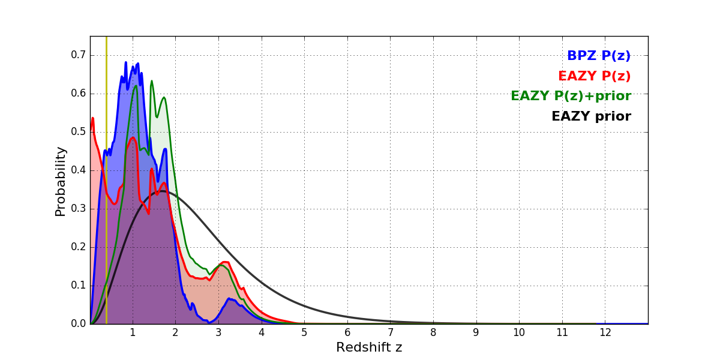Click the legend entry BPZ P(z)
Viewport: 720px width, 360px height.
(598, 56)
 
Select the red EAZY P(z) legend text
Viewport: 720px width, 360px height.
(594, 76)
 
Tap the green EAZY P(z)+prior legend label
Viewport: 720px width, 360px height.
(571, 96)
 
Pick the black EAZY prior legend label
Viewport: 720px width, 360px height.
(591, 116)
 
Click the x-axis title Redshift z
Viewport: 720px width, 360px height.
(369, 347)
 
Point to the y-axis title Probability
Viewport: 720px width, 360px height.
(61, 181)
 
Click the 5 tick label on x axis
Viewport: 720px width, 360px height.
(304, 332)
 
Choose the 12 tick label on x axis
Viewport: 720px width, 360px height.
(605, 332)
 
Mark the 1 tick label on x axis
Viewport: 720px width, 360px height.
(133, 332)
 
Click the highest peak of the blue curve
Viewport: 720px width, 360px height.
(126, 62)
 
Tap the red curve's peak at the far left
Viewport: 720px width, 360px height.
(92, 118)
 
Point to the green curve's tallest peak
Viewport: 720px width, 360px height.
(151, 81)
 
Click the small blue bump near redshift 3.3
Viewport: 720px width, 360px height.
(229, 298)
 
